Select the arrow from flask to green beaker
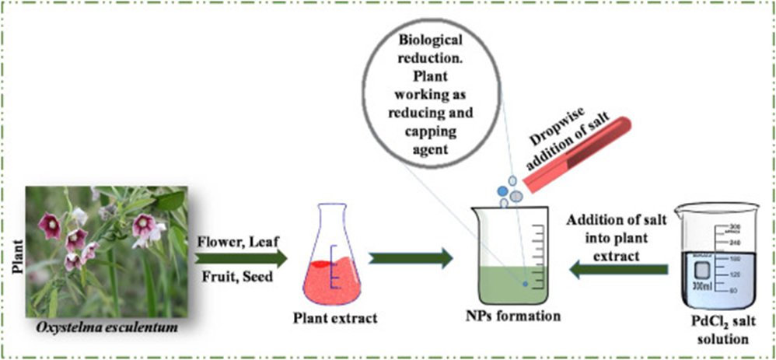(409, 257)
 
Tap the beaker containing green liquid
(512, 253)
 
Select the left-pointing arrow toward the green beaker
(618, 269)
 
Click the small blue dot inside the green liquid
(525, 285)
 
